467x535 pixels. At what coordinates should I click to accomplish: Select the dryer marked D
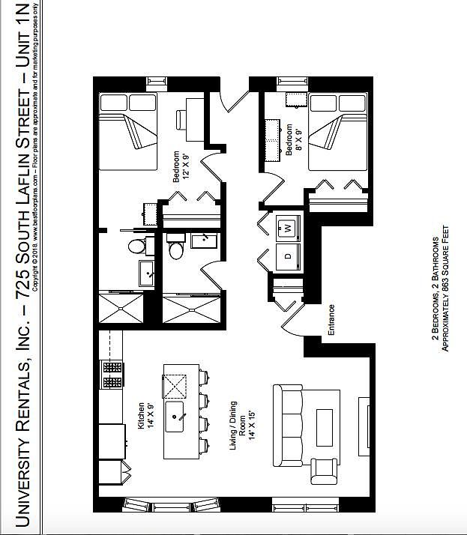(x=287, y=256)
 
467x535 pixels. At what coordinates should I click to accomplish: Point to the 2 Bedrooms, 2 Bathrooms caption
(x=435, y=288)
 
